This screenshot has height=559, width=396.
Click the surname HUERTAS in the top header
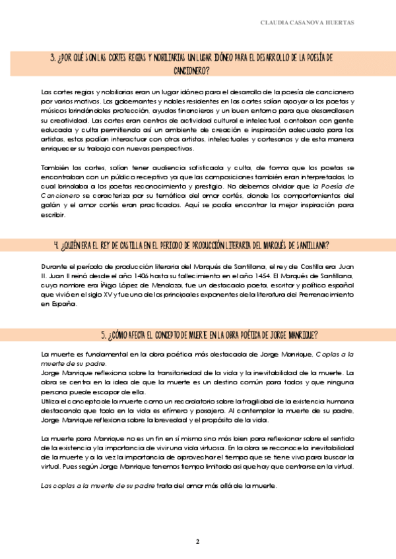[x=337, y=22]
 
